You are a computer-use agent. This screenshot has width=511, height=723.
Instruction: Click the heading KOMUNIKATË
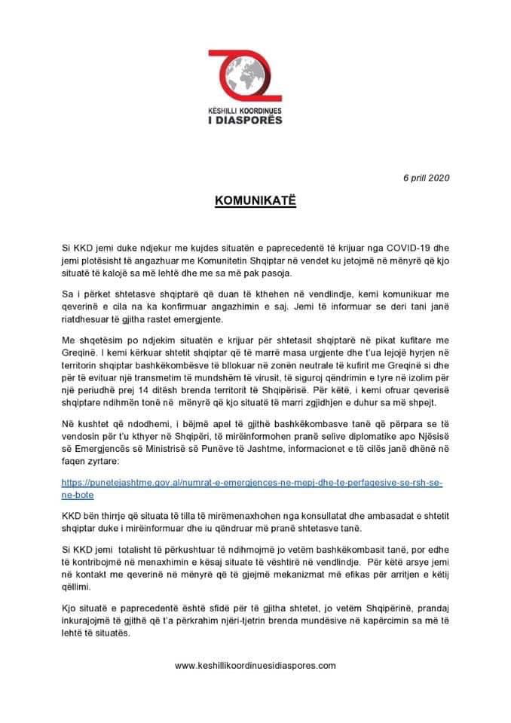[255, 203]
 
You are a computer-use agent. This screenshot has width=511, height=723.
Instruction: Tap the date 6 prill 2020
[426, 178]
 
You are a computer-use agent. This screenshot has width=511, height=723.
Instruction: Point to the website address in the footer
[255, 666]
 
